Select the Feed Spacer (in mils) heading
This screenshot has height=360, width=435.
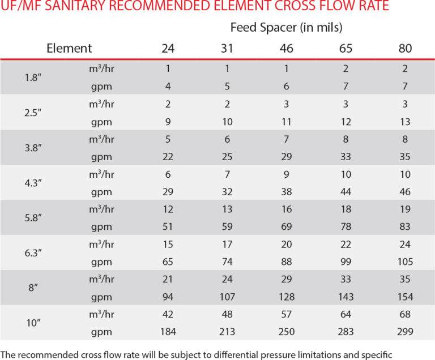(286, 27)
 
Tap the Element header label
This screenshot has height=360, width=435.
(69, 48)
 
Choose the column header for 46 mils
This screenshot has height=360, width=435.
(287, 48)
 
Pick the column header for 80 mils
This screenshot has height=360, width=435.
(405, 48)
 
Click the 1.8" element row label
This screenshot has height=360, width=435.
(33, 77)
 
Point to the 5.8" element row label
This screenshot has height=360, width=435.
(33, 218)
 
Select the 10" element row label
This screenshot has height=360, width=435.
(33, 323)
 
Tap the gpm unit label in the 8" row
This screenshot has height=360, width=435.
(101, 297)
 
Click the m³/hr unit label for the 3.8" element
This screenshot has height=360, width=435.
(101, 139)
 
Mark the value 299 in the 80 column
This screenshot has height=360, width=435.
(405, 332)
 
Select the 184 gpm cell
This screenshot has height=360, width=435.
(168, 332)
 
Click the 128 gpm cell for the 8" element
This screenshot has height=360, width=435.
(287, 297)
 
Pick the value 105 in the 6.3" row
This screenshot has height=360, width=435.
(405, 262)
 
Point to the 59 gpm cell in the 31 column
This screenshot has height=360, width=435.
(227, 226)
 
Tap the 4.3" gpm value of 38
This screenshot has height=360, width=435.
(287, 192)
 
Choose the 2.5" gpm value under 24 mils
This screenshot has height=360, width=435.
(168, 122)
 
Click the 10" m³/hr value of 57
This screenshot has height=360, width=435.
(287, 314)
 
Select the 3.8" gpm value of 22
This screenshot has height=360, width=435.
(168, 157)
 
